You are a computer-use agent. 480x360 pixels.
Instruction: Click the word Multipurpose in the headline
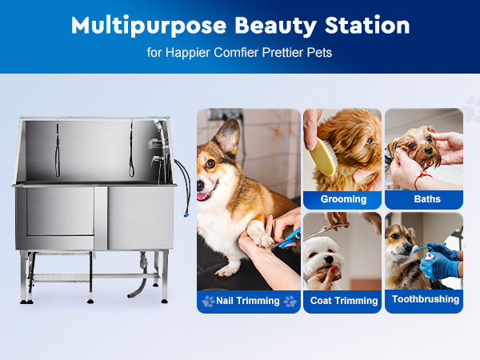(x=149, y=26)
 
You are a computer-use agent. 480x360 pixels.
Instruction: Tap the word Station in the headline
(x=367, y=25)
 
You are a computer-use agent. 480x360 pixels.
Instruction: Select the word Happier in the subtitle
(x=188, y=53)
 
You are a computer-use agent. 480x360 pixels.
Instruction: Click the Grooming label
(x=343, y=199)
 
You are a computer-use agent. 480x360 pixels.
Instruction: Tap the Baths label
(x=427, y=199)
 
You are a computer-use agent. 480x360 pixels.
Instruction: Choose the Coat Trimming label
(x=344, y=301)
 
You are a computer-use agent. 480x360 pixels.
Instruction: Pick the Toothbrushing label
(x=426, y=299)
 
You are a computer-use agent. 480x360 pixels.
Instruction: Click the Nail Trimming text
(x=248, y=301)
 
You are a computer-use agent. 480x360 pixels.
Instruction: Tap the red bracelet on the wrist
(x=422, y=180)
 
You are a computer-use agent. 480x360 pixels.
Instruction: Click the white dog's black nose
(x=329, y=259)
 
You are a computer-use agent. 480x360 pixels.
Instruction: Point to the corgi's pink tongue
(x=202, y=195)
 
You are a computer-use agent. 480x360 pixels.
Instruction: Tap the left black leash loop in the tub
(x=58, y=150)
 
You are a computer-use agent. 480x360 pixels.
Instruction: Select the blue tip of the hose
(x=186, y=215)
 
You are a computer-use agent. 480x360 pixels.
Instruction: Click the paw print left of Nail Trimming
(x=208, y=302)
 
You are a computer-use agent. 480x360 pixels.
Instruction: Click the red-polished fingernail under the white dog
(x=333, y=270)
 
